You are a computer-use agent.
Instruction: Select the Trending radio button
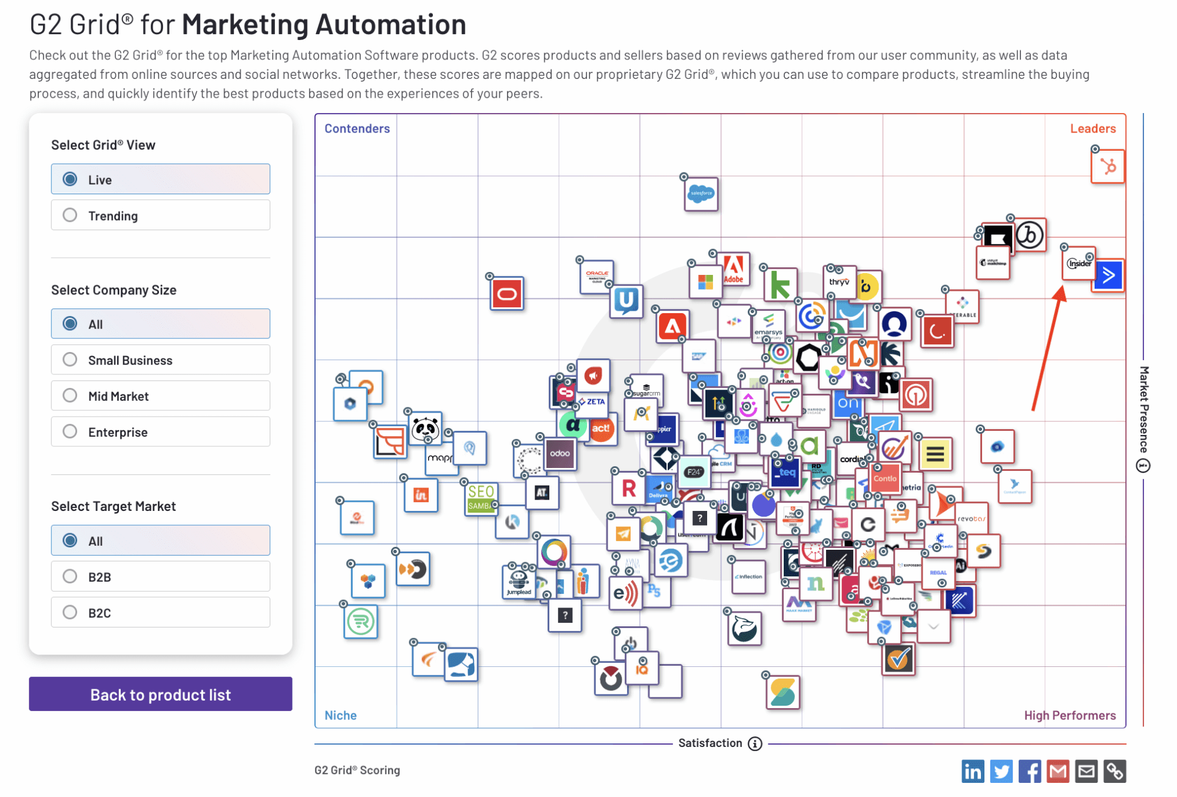point(70,215)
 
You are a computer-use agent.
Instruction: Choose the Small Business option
point(70,360)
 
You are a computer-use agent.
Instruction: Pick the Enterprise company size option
point(70,431)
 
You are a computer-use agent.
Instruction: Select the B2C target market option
point(70,612)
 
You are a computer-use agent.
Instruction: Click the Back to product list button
point(160,695)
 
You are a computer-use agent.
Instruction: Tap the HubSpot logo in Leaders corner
point(1108,167)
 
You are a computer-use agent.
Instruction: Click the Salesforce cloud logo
point(701,194)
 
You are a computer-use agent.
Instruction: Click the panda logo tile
point(425,428)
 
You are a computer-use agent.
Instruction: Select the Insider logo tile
point(1079,263)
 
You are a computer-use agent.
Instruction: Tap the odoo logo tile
point(560,454)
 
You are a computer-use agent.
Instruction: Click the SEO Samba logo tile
point(480,498)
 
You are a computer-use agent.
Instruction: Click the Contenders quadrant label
point(357,128)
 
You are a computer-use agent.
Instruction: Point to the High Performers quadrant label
point(1069,715)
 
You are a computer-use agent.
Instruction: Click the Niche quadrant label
point(340,715)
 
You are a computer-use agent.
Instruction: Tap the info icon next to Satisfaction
point(755,743)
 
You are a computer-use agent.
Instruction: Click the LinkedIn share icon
point(973,771)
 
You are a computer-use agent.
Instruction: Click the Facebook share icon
point(1029,771)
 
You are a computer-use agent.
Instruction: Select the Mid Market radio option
point(70,396)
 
